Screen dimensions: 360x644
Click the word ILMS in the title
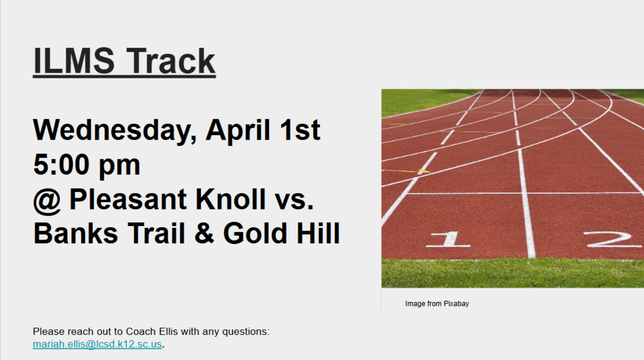[73, 61]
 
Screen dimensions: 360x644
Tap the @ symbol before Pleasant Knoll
[47, 200]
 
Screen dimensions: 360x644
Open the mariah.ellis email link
[97, 345]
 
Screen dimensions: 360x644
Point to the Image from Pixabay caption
[437, 303]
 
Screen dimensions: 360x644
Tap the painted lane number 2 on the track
[612, 239]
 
